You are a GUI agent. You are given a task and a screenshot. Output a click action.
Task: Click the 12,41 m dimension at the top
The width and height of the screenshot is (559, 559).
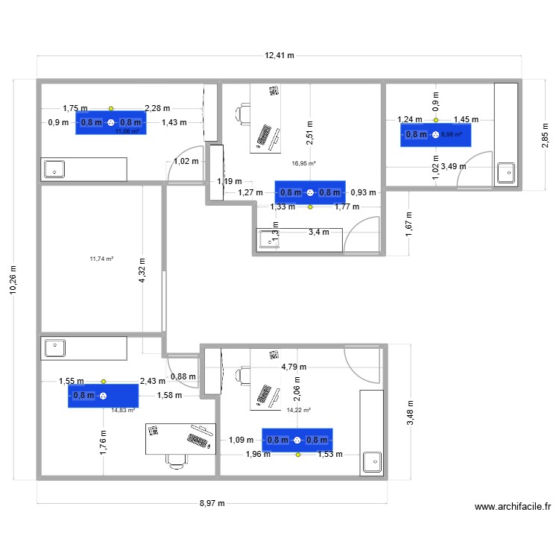pyautogui.click(x=279, y=55)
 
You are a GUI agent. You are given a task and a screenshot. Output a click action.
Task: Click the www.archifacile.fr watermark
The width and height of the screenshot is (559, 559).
pyautogui.click(x=512, y=508)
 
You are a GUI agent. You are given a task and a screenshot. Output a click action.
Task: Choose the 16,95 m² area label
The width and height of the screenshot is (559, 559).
pyautogui.click(x=303, y=163)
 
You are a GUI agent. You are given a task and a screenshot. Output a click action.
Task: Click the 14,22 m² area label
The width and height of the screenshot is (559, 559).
pyautogui.click(x=297, y=410)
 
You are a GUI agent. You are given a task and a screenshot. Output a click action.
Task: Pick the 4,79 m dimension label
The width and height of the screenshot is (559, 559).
pyautogui.click(x=294, y=367)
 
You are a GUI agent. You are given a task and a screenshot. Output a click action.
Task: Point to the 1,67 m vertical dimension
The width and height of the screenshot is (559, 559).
pyautogui.click(x=409, y=224)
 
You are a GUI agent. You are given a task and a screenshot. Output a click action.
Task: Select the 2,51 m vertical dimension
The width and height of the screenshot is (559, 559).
pyautogui.click(x=309, y=131)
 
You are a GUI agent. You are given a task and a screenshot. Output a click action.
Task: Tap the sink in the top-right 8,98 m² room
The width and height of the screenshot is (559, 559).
pyautogui.click(x=505, y=173)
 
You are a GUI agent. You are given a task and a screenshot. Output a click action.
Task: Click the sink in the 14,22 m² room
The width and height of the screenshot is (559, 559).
pyautogui.click(x=370, y=462)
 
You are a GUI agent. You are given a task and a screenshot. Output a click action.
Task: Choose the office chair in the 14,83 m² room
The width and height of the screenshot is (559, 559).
pyautogui.click(x=176, y=461)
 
